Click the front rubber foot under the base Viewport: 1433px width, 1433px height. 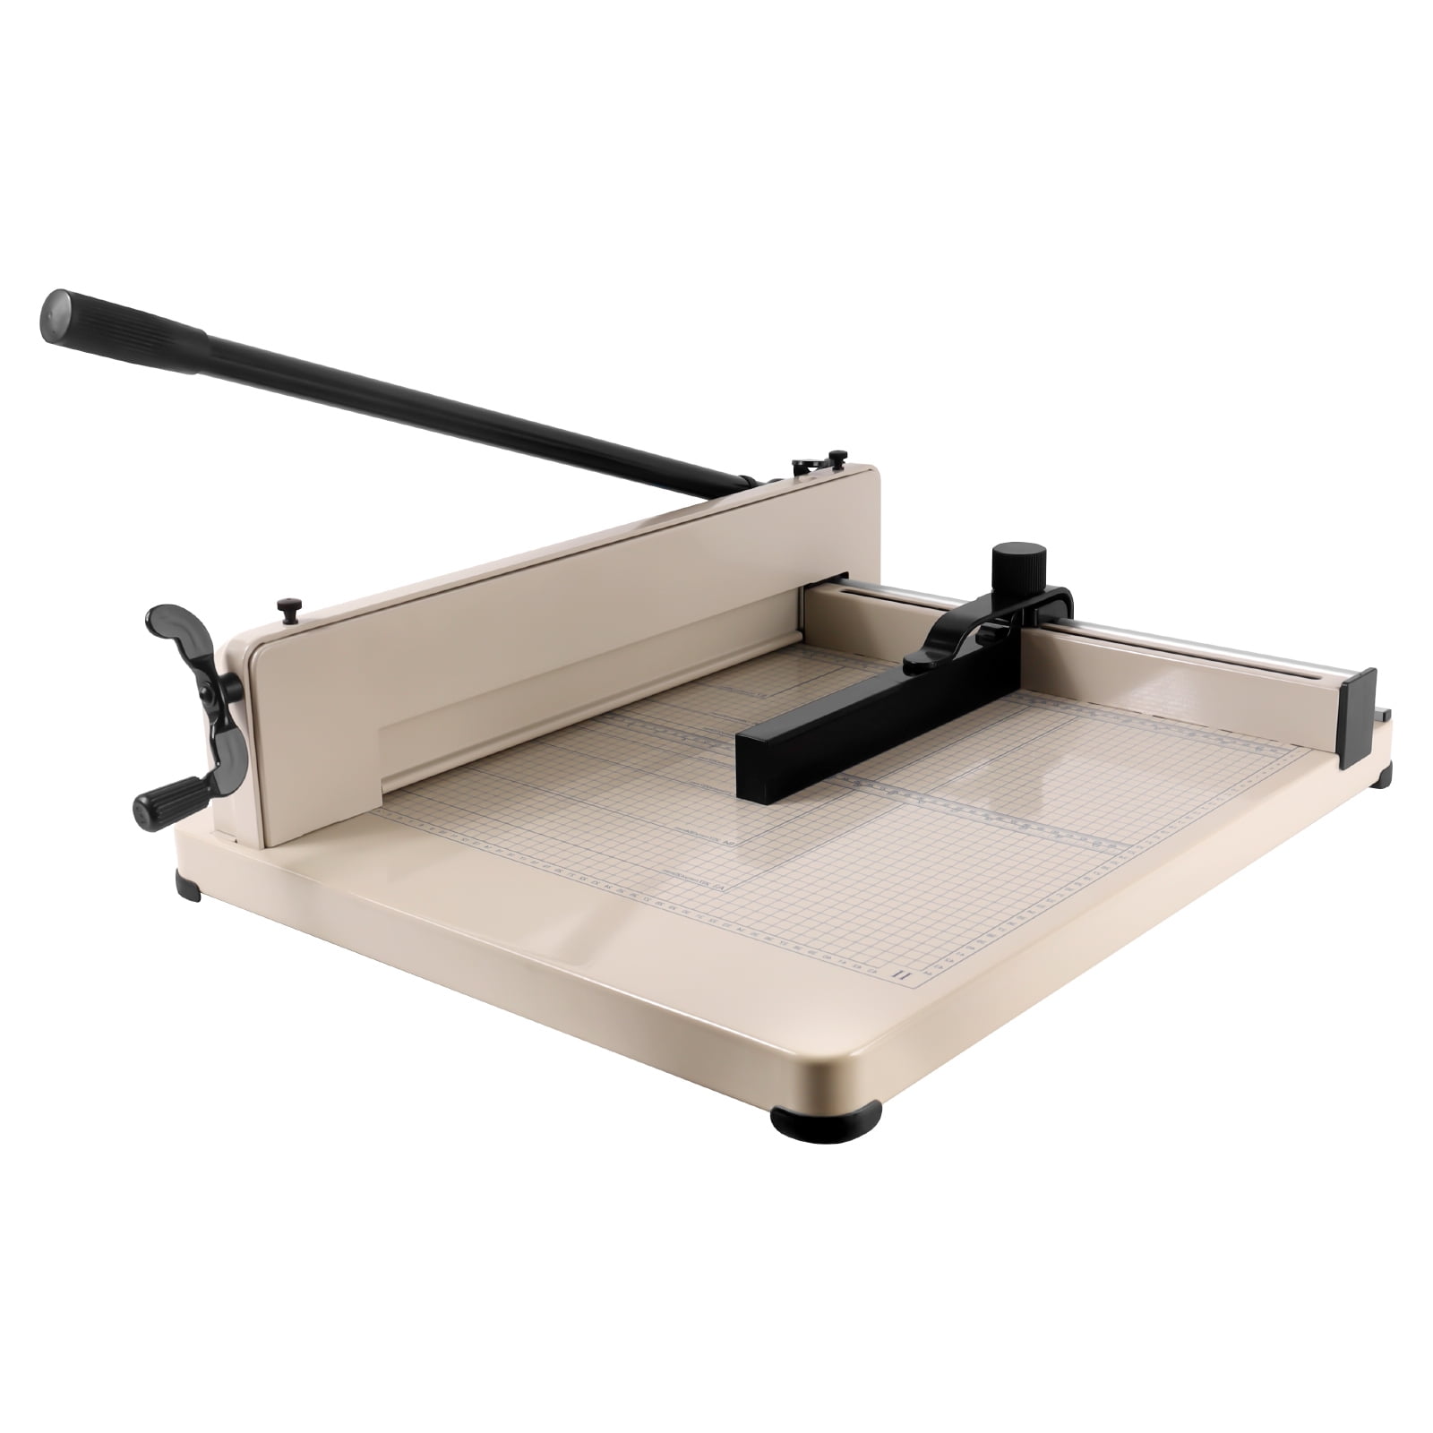coord(825,1115)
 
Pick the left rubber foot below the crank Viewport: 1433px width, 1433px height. coord(189,887)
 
